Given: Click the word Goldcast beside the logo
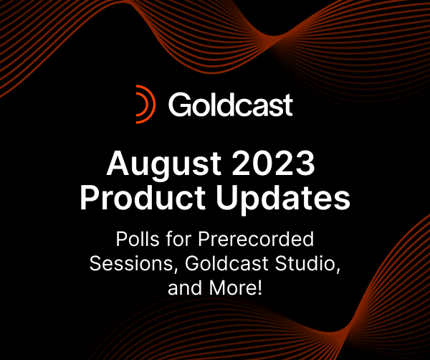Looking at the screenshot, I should click(230, 105).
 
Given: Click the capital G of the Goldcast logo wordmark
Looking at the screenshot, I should click(179, 105).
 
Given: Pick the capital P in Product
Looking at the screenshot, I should click(88, 197).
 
